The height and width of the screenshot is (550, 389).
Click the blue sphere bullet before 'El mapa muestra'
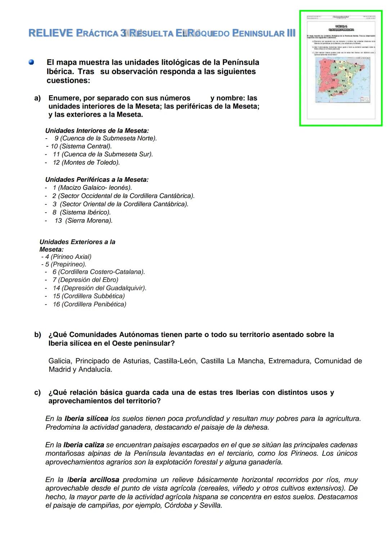(31, 62)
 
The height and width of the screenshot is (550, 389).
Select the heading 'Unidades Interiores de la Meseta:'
(97, 131)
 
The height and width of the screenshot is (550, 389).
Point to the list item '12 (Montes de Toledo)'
(86, 162)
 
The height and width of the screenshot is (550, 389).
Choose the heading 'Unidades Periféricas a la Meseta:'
(97, 179)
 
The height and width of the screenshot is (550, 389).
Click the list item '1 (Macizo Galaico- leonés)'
(92, 188)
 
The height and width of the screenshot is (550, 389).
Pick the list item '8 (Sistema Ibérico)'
(82, 212)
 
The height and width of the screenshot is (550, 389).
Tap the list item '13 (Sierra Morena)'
(84, 221)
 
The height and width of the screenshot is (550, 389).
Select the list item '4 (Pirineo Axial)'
(68, 257)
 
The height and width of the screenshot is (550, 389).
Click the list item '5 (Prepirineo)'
(66, 264)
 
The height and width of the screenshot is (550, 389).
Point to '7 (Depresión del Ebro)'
(85, 280)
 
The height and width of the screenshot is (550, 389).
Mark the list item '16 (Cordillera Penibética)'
(89, 304)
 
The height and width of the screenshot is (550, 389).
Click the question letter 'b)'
(38, 335)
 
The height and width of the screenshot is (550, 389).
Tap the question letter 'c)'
(37, 392)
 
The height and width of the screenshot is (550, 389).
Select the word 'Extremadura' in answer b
(289, 361)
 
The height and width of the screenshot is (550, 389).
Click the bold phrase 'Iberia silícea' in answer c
(86, 419)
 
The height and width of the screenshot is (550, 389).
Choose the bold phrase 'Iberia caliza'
(84, 445)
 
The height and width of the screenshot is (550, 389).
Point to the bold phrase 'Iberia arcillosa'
(93, 480)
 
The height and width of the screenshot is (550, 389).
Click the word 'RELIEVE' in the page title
(50, 33)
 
